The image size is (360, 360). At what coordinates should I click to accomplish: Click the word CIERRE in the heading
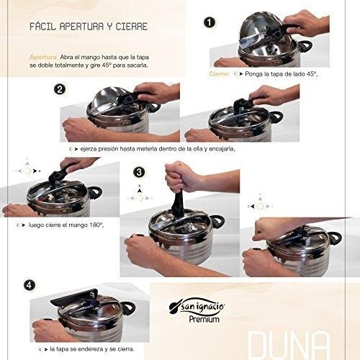(132, 26)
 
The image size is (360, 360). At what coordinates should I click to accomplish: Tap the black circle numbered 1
(210, 22)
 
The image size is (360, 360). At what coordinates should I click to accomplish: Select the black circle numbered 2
(60, 89)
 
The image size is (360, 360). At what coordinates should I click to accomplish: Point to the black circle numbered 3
(139, 172)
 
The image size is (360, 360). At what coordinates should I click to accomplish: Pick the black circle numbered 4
(30, 285)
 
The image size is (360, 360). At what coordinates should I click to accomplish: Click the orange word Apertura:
(44, 58)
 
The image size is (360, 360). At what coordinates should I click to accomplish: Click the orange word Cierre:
(220, 74)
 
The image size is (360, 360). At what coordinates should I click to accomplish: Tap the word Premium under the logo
(204, 319)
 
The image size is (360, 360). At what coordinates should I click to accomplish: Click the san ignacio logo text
(203, 307)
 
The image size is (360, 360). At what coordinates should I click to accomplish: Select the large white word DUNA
(288, 345)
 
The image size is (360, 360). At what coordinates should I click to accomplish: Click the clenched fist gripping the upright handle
(179, 176)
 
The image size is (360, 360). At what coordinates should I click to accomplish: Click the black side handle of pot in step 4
(130, 308)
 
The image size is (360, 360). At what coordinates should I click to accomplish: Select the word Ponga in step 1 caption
(253, 74)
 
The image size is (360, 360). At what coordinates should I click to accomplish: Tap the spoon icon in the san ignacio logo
(174, 308)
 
